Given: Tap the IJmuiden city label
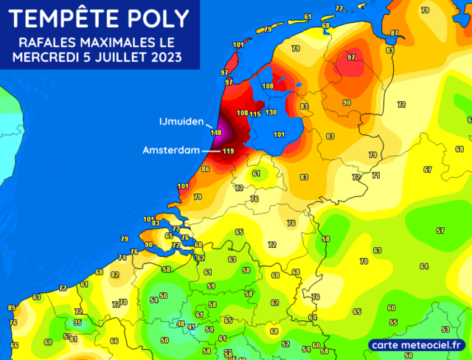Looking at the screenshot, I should point(181,121).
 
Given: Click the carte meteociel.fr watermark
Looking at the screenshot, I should point(417,345).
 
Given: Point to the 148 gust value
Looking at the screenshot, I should point(216,133).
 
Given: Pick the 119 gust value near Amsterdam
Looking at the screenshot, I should point(228,152).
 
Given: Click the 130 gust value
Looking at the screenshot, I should point(271,113).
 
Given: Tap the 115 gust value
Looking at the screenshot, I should point(255,114).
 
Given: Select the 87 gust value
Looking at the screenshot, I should point(395,33).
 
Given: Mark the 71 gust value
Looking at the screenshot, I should point(375,175).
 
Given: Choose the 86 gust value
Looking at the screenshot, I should point(205,169).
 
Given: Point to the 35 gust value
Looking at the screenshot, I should point(77,322).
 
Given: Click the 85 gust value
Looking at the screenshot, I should point(11,307).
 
